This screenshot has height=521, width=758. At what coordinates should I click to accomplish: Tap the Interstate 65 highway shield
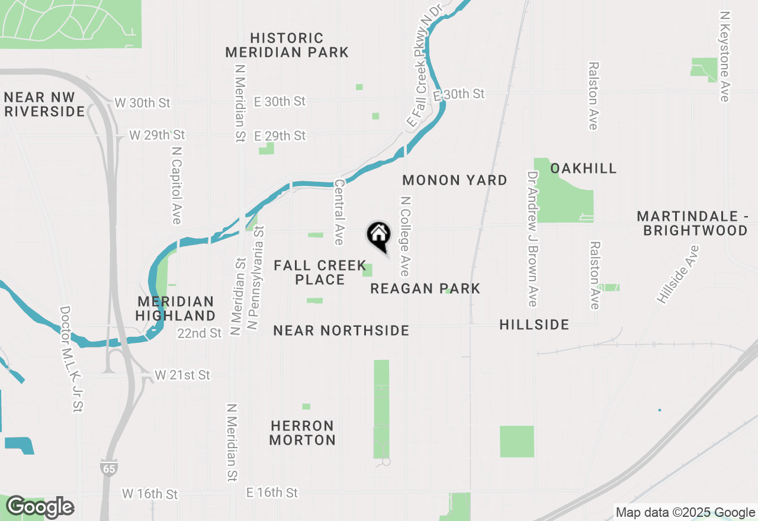point(108,467)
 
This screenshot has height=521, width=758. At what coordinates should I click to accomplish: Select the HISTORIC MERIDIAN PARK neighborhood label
point(287,46)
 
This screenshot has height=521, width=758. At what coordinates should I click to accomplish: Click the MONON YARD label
point(455,181)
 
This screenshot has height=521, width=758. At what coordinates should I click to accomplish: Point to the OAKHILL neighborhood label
point(583,169)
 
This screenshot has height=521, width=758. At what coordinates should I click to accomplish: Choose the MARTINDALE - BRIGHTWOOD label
point(692,223)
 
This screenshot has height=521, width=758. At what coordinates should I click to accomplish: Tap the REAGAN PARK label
point(425,288)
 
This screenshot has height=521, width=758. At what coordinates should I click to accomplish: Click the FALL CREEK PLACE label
point(320,272)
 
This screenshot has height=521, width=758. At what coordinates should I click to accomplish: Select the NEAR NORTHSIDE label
point(341,330)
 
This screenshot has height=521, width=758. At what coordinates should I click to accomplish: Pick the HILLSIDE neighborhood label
point(534,324)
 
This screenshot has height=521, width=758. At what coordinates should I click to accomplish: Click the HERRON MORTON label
point(303,433)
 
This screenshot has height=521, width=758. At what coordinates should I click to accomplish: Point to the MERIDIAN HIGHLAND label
point(175,308)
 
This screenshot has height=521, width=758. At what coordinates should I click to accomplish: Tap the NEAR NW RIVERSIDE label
point(44,104)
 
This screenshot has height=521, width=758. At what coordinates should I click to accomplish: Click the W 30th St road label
point(143,103)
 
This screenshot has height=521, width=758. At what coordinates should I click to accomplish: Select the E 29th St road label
point(280,136)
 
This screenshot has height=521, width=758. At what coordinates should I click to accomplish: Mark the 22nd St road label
point(200,333)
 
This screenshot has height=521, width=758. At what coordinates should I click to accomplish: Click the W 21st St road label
point(182,375)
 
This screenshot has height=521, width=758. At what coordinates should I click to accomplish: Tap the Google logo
point(40,507)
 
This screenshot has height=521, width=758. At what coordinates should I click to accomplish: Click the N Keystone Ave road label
point(724,56)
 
